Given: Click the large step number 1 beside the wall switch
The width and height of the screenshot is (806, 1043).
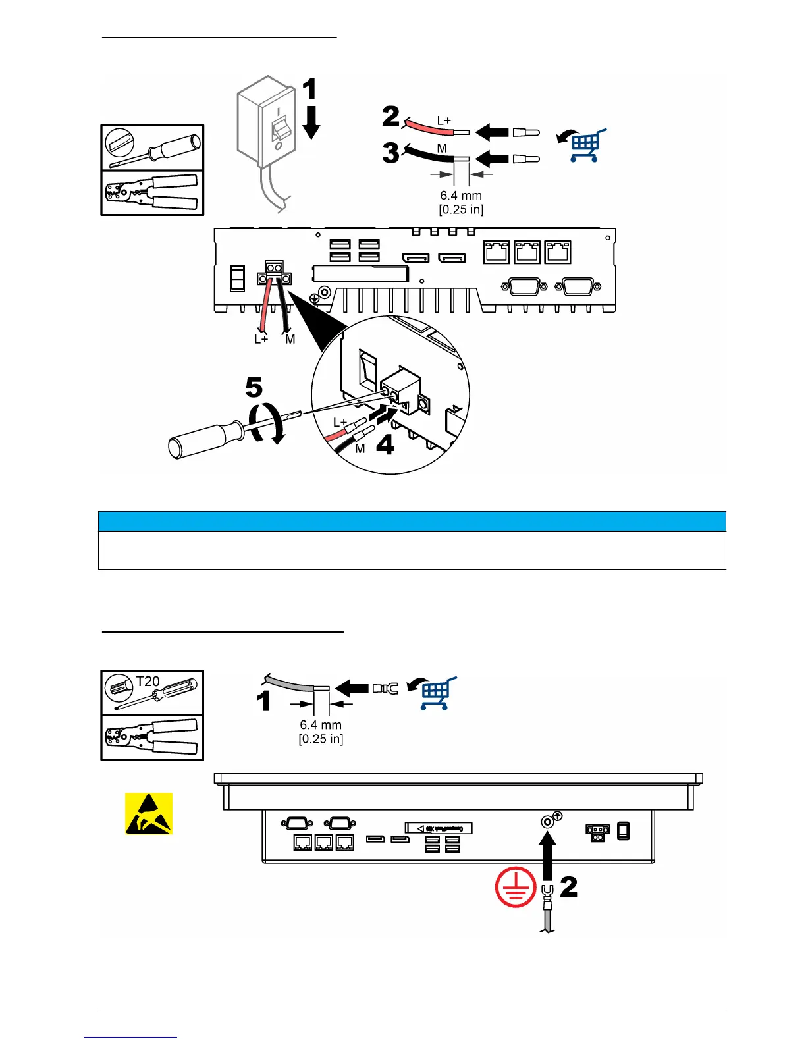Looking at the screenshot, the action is pyautogui.click(x=309, y=90).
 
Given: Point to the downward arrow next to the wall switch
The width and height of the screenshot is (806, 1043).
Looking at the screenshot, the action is pyautogui.click(x=311, y=122).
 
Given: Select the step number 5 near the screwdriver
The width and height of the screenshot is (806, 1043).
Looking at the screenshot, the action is pyautogui.click(x=254, y=387).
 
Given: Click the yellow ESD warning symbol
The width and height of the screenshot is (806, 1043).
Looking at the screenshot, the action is pyautogui.click(x=149, y=813).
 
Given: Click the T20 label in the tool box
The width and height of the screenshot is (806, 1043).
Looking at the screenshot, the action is pyautogui.click(x=148, y=682).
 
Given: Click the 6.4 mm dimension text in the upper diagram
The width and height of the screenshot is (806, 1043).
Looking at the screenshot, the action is pyautogui.click(x=461, y=196).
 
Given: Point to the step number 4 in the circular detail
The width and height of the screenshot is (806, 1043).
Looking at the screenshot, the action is pyautogui.click(x=385, y=445).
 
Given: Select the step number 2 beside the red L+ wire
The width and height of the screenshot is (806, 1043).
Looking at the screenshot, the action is pyautogui.click(x=390, y=117).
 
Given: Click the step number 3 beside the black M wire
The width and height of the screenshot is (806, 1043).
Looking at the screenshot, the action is pyautogui.click(x=390, y=153).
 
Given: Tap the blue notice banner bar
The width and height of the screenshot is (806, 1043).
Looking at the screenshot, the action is pyautogui.click(x=412, y=521).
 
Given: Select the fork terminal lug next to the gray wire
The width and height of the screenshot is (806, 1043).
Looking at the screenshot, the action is pyautogui.click(x=385, y=689).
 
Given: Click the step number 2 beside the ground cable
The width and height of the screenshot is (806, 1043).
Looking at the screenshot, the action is pyautogui.click(x=569, y=886).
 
